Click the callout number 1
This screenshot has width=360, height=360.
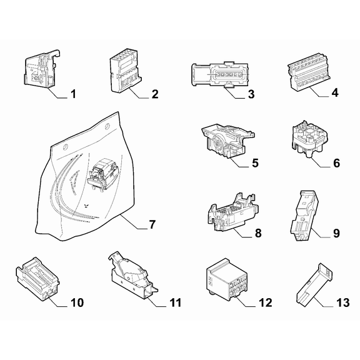pos(73,94)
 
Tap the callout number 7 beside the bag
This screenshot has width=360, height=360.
pos(152,224)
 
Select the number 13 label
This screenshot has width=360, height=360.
pos(342,302)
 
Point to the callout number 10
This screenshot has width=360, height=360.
pos(77,302)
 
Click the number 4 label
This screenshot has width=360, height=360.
pos(335,92)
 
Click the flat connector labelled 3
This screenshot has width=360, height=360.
pos(220,75)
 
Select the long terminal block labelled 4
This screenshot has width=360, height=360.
pos(309,72)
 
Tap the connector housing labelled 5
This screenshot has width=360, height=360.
pos(227,141)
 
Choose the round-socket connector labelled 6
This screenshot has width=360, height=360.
pos(310,139)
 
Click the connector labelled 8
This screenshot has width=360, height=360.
pos(233,212)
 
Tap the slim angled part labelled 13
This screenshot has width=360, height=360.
pos(314,285)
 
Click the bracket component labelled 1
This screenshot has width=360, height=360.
pos(42,69)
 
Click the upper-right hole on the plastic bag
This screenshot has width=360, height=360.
pos(107,126)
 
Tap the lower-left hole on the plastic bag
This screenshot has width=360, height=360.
pos(66,147)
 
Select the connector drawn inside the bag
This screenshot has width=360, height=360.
pos(102,174)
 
